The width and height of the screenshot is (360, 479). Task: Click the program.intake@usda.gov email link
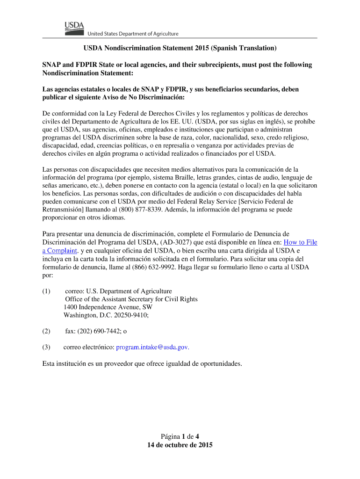[152, 348]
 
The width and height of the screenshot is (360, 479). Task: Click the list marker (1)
[46, 291]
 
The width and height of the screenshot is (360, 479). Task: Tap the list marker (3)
[46, 348]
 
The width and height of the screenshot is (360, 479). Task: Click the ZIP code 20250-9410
[124, 315]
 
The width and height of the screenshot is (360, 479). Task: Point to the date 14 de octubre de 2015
[180, 445]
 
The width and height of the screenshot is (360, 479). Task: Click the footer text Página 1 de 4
[180, 436]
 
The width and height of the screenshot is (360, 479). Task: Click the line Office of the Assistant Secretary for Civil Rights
[131, 299]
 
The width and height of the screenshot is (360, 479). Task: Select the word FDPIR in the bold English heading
[89, 65]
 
